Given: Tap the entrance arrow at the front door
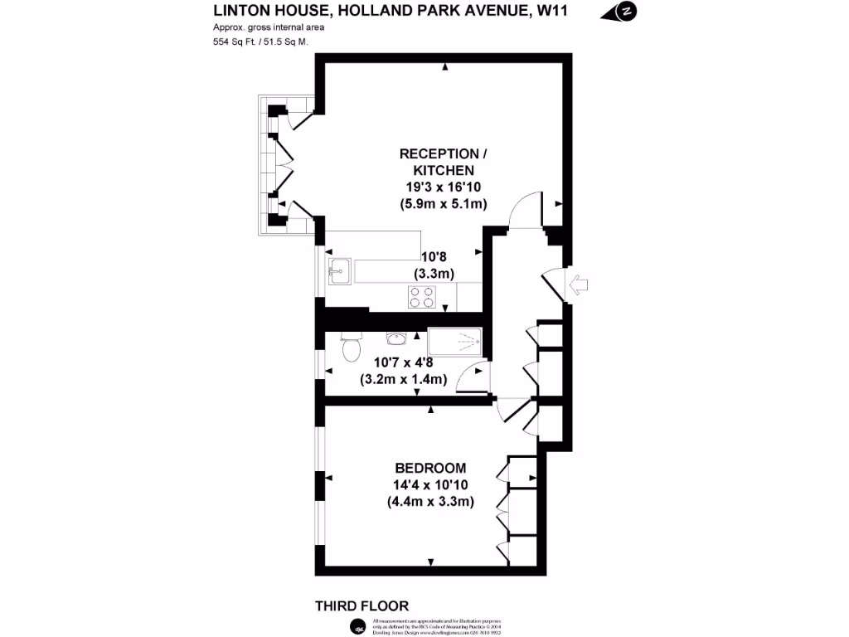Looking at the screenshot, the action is (x=578, y=284).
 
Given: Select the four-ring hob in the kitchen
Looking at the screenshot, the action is (x=421, y=295).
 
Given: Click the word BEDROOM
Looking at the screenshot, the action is (x=429, y=468).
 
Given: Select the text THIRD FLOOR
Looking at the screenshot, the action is (x=362, y=606).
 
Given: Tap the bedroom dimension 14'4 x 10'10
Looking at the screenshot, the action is (x=429, y=484).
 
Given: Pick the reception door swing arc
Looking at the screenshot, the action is (x=524, y=212).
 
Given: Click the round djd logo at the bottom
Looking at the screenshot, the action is (x=357, y=625).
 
